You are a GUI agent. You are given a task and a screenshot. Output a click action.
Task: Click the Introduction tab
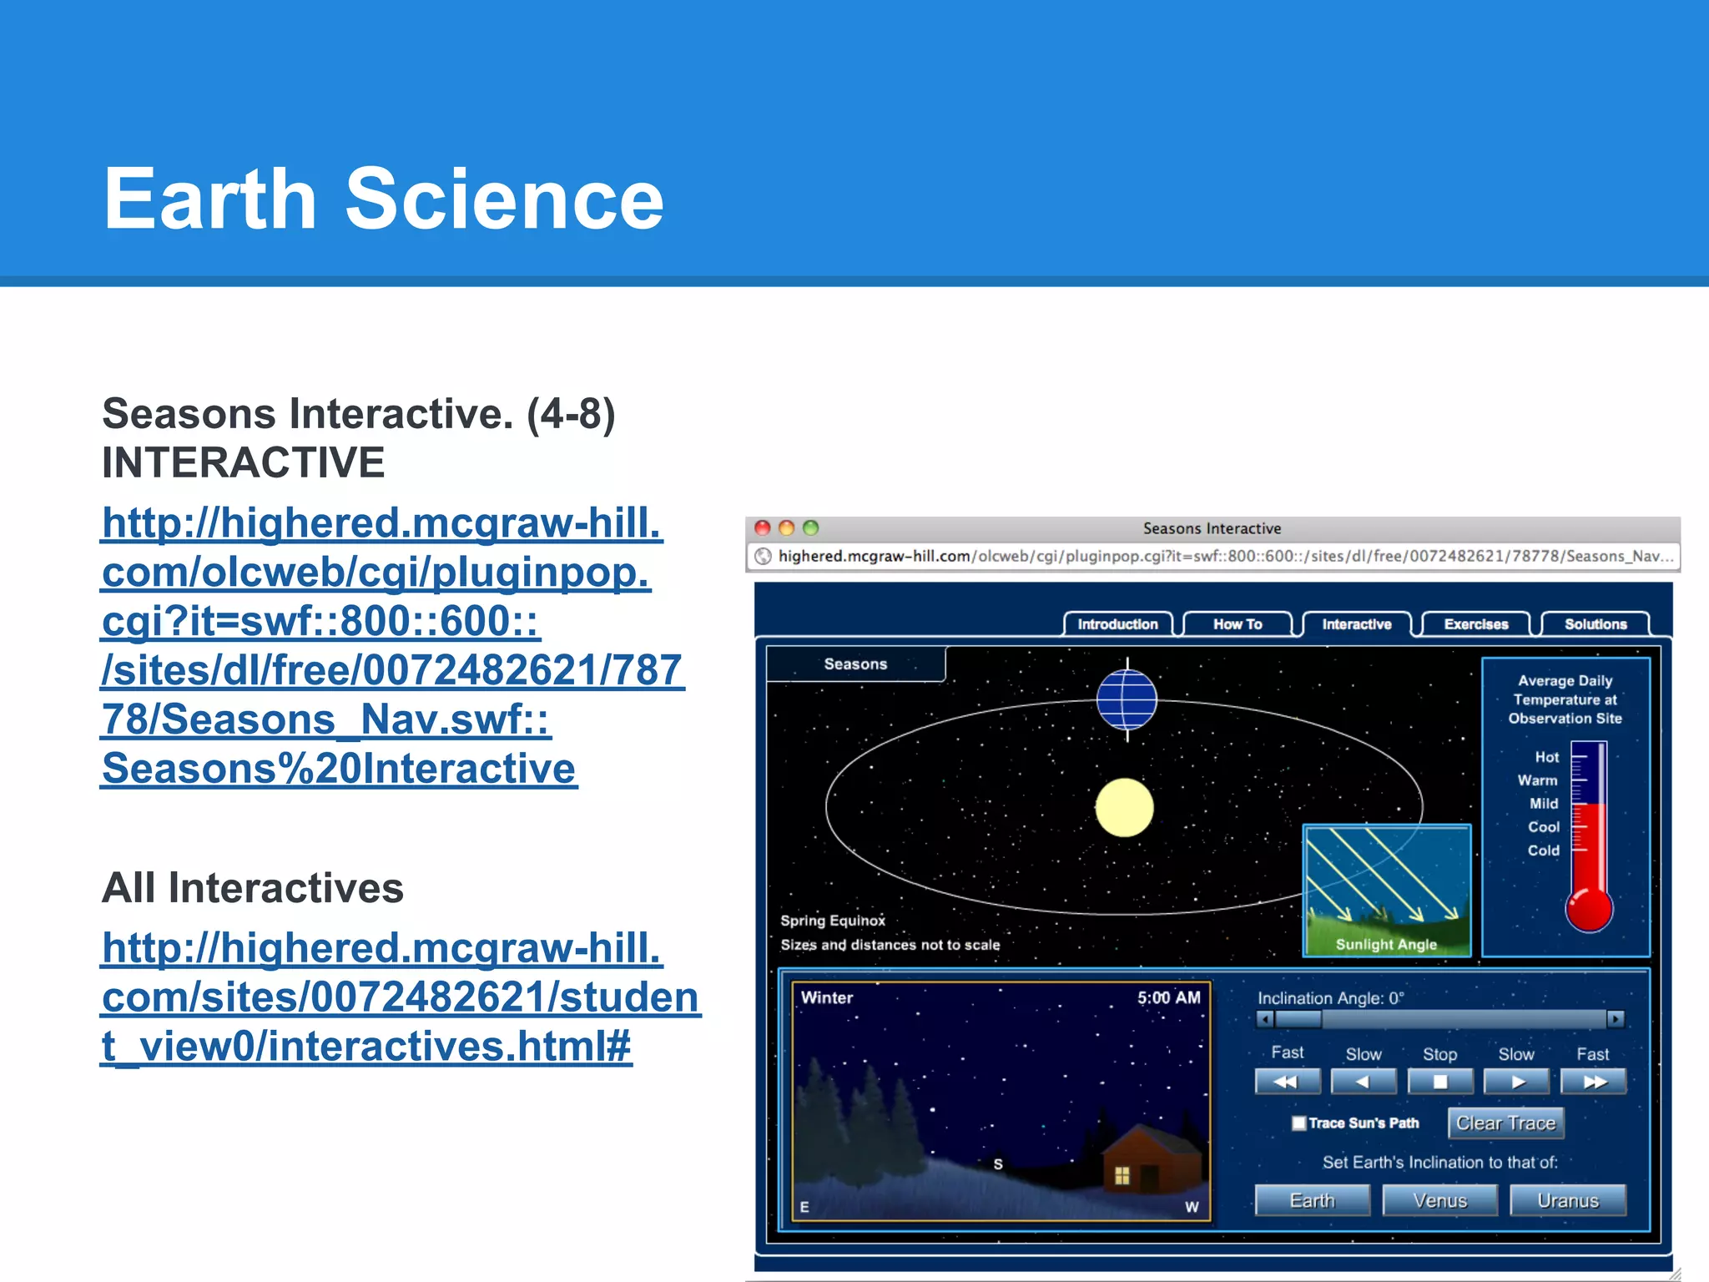point(1117,624)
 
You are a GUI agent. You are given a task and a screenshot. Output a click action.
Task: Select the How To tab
point(1237,624)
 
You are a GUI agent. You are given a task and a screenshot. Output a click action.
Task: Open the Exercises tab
point(1475,624)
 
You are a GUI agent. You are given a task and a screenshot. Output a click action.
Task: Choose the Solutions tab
point(1595,624)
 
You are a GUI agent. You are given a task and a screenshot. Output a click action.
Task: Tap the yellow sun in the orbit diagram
point(1124,807)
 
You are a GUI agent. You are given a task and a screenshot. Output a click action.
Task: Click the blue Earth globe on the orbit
point(1127,700)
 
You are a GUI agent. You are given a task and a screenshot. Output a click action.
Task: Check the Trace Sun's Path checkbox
point(1298,1123)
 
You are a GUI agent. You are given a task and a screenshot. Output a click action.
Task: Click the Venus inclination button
point(1439,1200)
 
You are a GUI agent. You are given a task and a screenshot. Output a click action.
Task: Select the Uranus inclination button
point(1567,1200)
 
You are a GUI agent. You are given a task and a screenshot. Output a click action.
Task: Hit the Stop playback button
point(1439,1082)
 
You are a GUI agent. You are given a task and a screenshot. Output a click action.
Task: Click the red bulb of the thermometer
point(1589,910)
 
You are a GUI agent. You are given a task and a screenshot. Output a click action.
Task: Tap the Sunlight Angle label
point(1386,944)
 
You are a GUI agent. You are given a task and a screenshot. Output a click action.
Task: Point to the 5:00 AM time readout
point(1168,997)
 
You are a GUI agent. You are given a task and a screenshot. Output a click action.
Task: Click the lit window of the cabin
point(1122,1175)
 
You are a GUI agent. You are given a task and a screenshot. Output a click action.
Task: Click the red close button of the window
point(762,527)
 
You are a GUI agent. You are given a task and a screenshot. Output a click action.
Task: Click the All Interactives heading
point(253,887)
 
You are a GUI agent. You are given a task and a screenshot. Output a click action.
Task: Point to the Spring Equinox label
point(833,921)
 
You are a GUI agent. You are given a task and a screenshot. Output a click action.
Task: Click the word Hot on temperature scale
point(1546,757)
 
